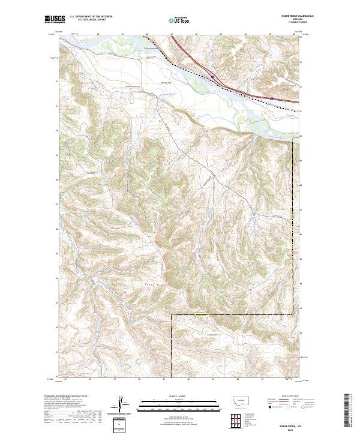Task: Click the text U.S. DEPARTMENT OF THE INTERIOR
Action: tap(91, 17)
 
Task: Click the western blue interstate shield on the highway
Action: tap(212, 76)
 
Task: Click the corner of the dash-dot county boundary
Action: tap(172, 314)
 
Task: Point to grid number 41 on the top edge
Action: tap(171, 34)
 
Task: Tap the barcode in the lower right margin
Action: tap(348, 410)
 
